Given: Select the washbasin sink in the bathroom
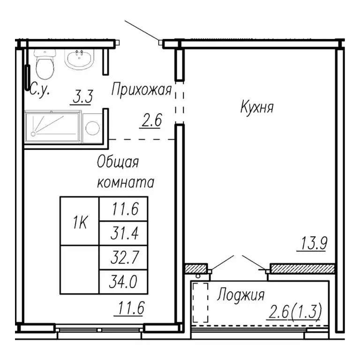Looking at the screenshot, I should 81,59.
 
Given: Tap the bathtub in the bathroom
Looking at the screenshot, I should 52,125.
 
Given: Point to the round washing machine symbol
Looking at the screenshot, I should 93,127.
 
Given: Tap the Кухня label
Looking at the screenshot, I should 256,107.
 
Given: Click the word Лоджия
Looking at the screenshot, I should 240,295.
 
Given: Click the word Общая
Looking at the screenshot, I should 118,163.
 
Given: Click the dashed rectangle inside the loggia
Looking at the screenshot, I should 201,302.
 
